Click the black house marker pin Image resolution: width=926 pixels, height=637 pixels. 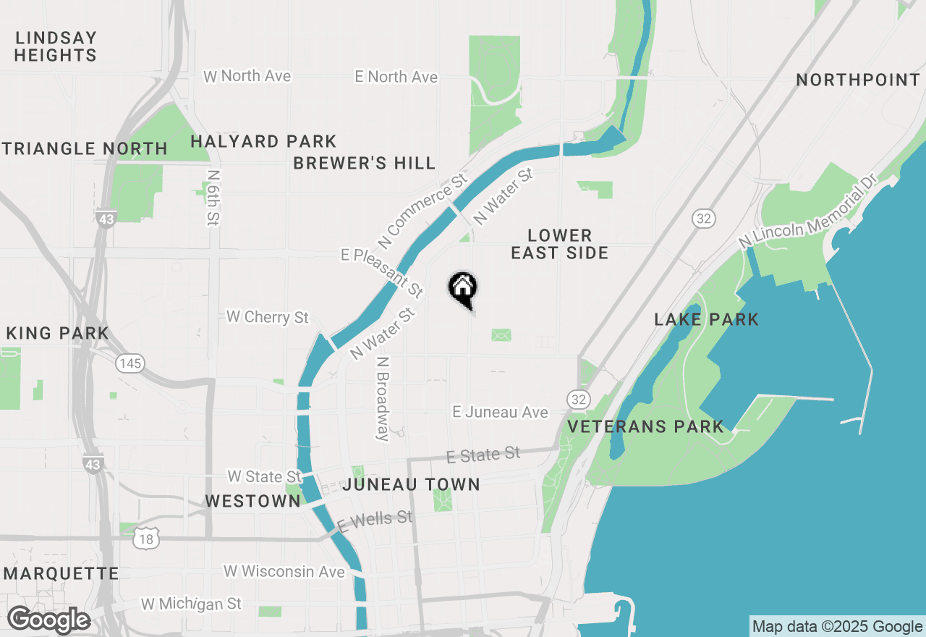tap(463, 289)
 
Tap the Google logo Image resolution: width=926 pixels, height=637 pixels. tap(48, 620)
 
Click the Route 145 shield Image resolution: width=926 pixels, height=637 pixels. tap(131, 363)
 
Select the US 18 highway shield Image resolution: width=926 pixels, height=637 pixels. tap(146, 538)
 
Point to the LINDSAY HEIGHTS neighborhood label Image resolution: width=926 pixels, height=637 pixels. tap(56, 46)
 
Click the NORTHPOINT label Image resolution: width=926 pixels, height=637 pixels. tap(858, 80)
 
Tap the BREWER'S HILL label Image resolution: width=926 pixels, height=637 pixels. tap(365, 163)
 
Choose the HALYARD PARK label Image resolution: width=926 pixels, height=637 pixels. tap(263, 141)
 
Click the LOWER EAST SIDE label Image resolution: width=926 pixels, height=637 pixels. tap(560, 244)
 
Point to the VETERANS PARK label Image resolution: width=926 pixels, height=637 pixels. tap(645, 426)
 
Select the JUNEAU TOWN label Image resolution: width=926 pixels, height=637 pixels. tap(411, 484)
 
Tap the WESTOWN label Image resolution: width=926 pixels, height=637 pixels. tap(252, 501)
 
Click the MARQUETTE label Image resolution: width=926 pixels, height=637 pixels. tap(61, 574)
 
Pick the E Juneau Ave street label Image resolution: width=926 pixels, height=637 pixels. tap(500, 412)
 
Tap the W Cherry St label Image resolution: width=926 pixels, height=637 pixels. tap(268, 317)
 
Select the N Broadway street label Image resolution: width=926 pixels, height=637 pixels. tap(383, 398)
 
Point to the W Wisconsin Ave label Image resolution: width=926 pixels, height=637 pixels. tap(284, 571)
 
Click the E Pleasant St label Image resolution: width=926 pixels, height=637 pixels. tap(383, 272)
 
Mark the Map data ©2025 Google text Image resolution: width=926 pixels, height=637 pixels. tap(837, 627)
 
